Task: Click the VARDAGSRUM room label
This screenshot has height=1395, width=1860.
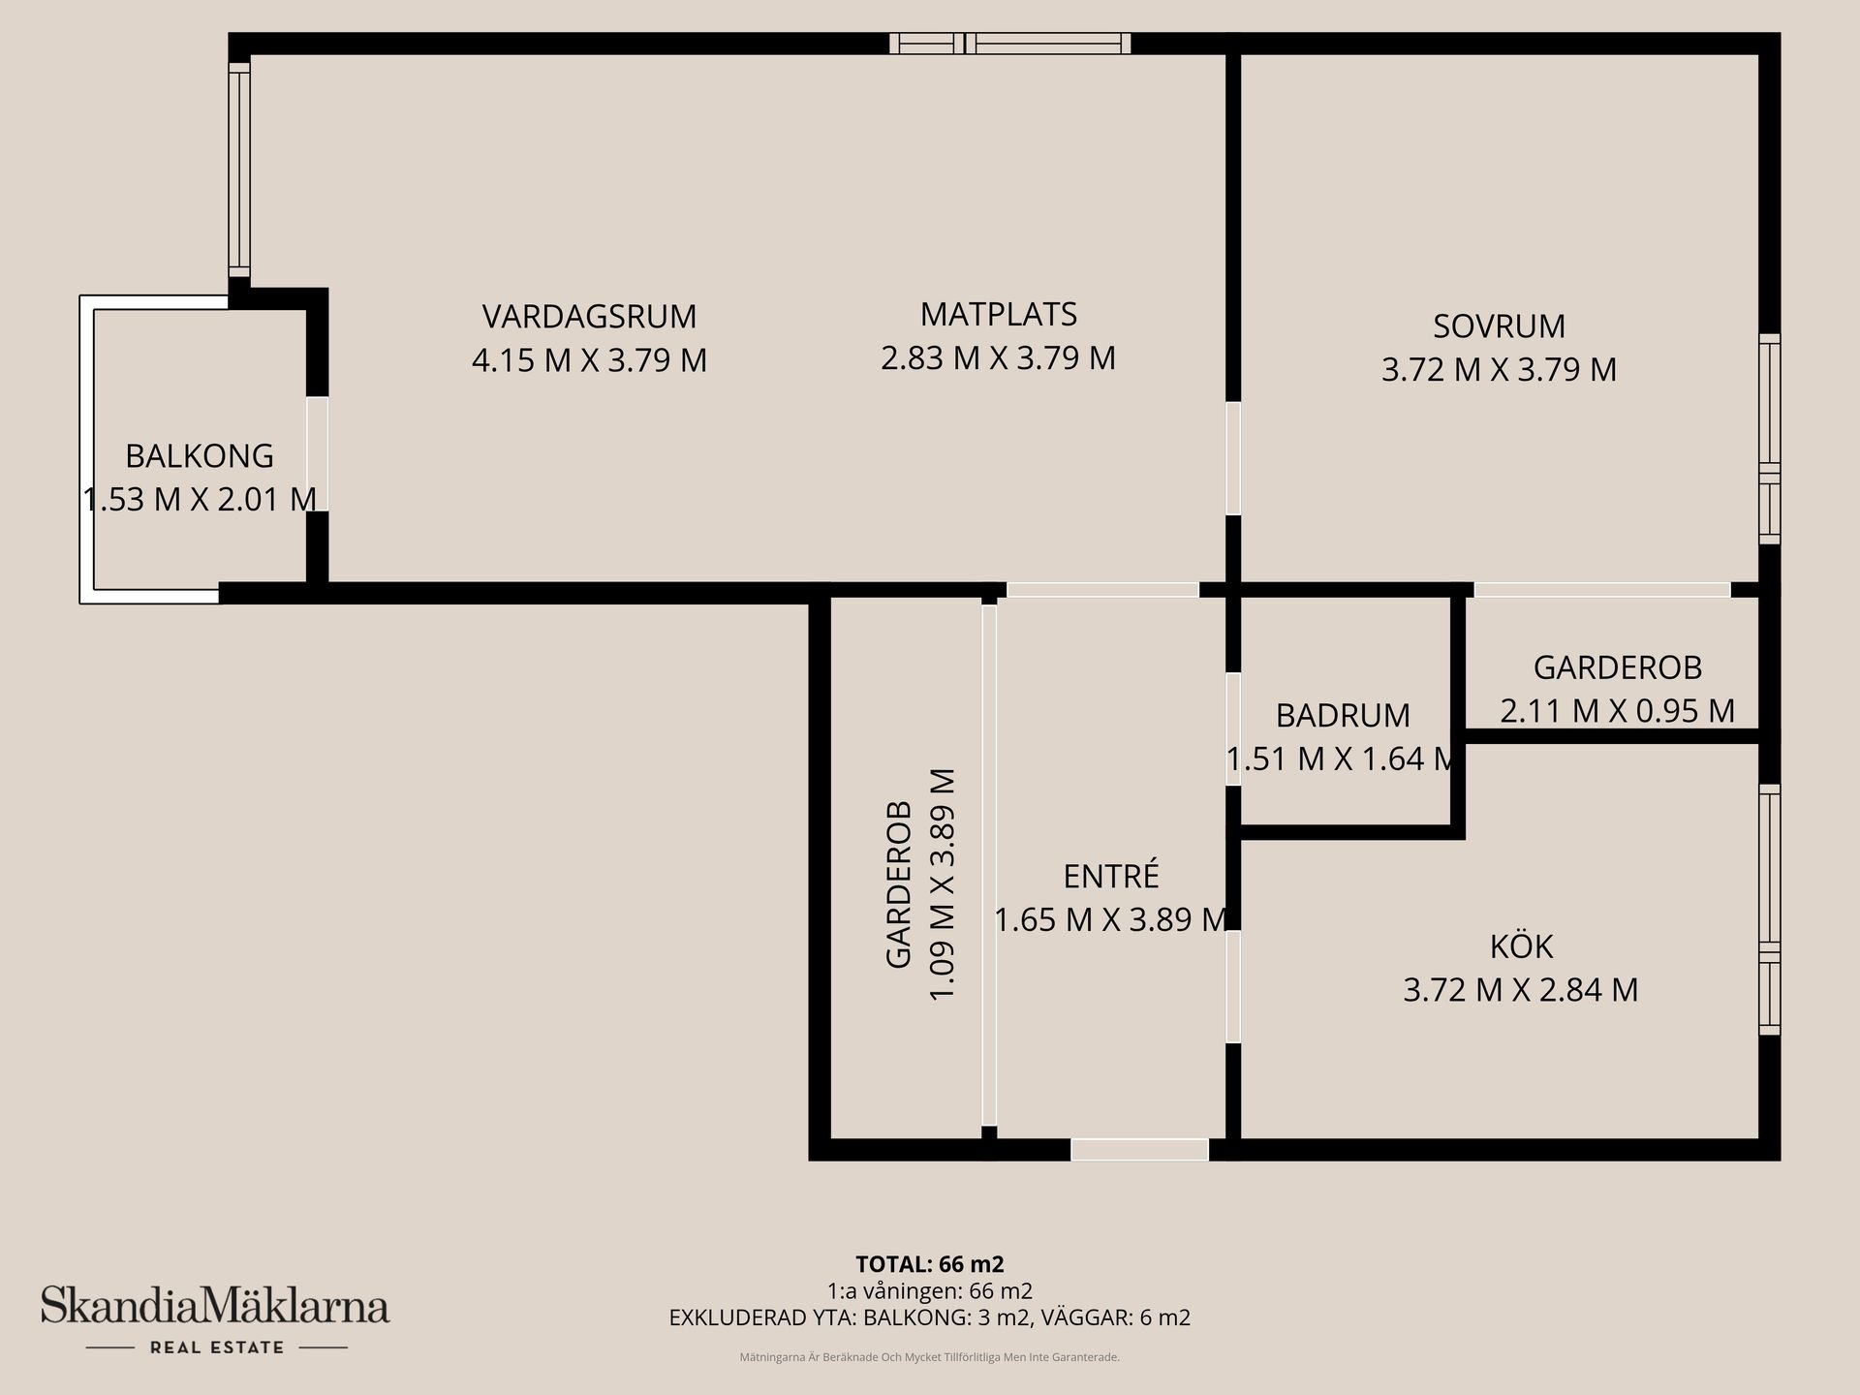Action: (589, 317)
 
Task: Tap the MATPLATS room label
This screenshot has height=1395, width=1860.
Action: (998, 315)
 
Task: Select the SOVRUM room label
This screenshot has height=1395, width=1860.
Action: (1499, 326)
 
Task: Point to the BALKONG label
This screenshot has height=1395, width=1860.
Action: (200, 456)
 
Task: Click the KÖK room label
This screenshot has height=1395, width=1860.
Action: (1521, 946)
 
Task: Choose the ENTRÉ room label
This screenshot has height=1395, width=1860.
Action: (1111, 877)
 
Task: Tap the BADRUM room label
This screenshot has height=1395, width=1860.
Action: (1343, 716)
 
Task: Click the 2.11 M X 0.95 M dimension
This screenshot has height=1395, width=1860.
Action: (1617, 711)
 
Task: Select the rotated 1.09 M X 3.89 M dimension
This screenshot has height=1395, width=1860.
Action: (943, 884)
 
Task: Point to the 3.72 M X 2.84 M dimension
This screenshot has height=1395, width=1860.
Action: (1521, 990)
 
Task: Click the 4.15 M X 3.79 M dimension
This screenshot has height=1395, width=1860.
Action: (589, 360)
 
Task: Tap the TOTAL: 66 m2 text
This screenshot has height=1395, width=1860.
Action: (929, 1264)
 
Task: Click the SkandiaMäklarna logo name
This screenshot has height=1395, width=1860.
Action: (215, 1307)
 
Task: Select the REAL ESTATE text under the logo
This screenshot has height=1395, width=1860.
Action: (216, 1348)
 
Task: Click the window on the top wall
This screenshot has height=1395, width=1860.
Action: (1010, 44)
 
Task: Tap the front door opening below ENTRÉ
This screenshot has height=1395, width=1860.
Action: (1139, 1150)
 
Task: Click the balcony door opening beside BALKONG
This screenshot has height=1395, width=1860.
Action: (317, 454)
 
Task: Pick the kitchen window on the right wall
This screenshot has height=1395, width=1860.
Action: (1769, 909)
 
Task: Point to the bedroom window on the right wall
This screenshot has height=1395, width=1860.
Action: (1769, 439)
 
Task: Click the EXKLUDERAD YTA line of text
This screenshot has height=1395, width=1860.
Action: (929, 1317)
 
